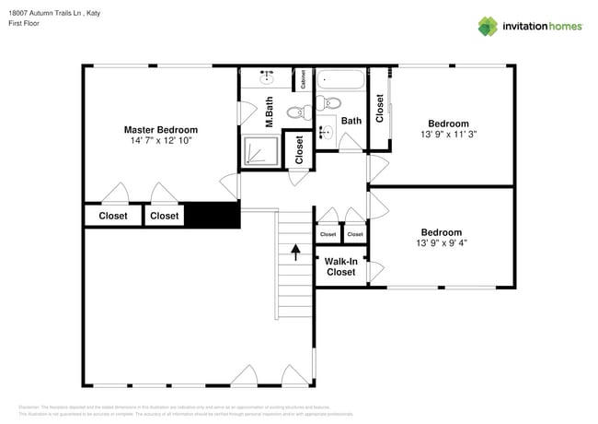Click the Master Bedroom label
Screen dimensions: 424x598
[161, 130]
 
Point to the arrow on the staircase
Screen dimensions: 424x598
[294, 252]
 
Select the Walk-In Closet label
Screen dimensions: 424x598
[340, 266]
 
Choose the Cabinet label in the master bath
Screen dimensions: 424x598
[303, 80]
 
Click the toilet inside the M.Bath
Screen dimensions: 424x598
[295, 112]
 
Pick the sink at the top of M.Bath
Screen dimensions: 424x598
[266, 74]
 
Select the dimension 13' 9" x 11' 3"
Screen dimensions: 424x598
[448, 134]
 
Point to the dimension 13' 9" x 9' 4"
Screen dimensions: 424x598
[442, 243]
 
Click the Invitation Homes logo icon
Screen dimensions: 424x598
[488, 26]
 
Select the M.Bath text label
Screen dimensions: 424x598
[270, 112]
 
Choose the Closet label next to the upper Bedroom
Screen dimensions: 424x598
[379, 108]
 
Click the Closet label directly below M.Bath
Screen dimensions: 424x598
[299, 150]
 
